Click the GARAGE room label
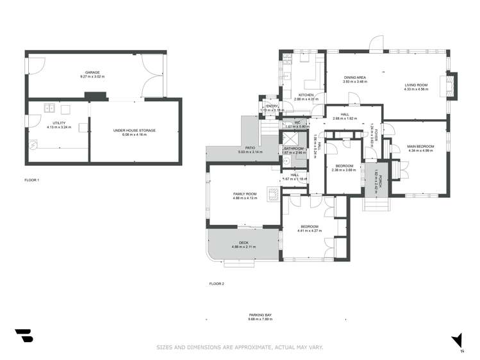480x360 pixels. click(x=92, y=73)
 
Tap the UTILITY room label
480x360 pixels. click(x=56, y=124)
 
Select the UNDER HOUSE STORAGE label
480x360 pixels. click(x=135, y=130)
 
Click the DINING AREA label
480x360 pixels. click(x=354, y=78)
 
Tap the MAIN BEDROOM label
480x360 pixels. click(x=420, y=147)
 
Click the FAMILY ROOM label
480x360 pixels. click(x=245, y=194)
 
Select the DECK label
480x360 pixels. click(x=244, y=242)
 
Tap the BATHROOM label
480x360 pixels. click(x=294, y=149)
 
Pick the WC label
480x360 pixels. click(x=297, y=122)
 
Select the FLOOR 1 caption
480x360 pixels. click(x=32, y=180)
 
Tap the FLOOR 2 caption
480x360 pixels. click(x=217, y=283)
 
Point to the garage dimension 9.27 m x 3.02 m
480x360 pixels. click(x=92, y=77)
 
